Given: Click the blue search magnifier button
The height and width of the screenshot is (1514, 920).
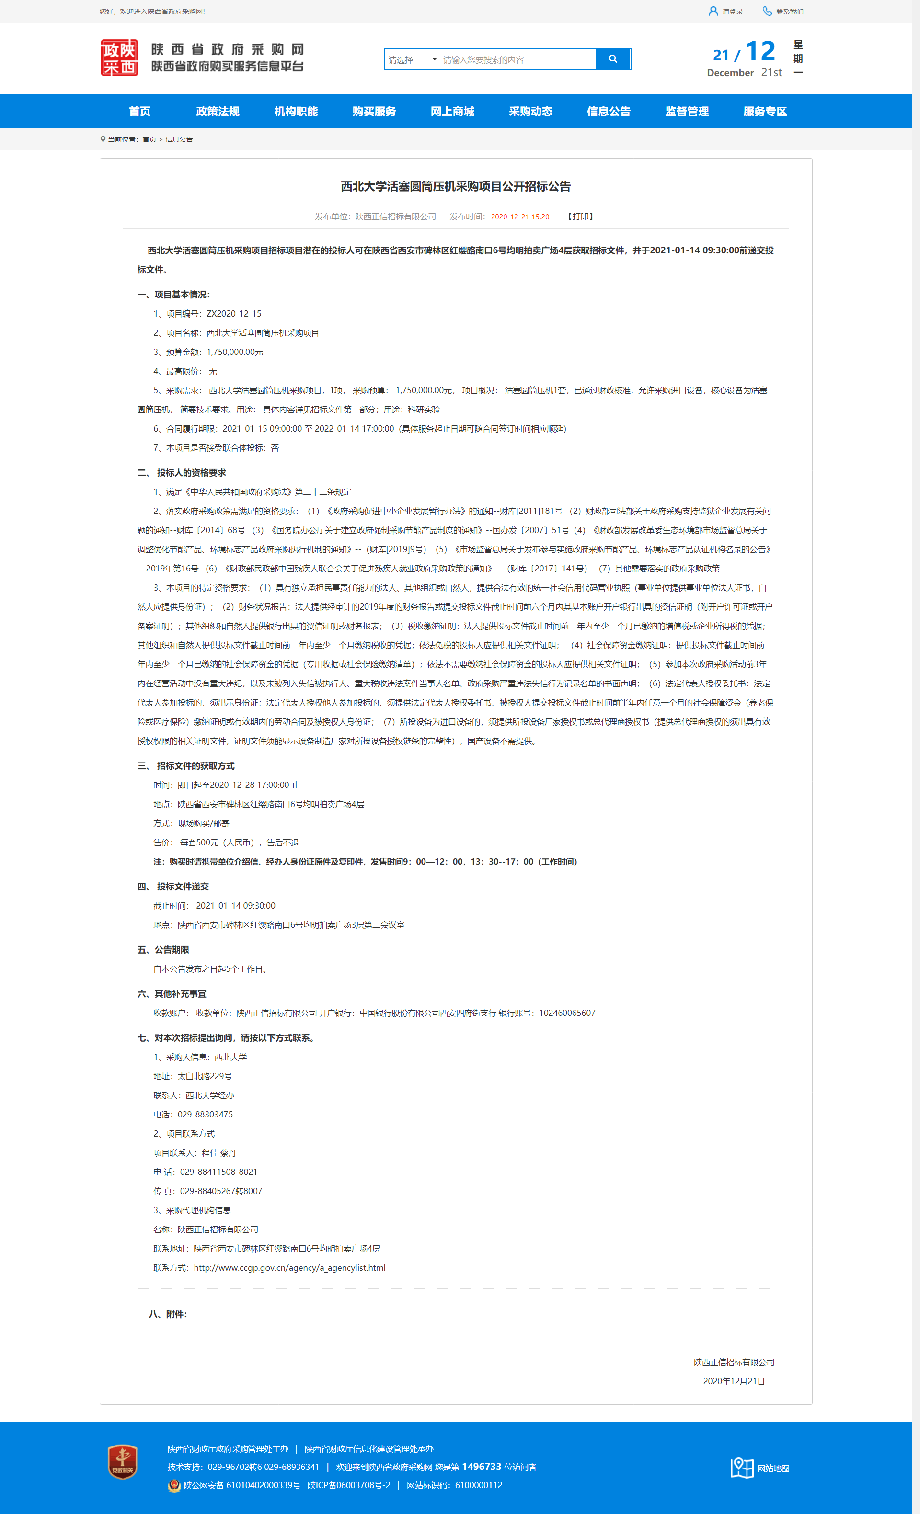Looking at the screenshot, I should pyautogui.click(x=613, y=59).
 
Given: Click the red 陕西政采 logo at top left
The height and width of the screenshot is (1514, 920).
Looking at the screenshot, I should pyautogui.click(x=119, y=58).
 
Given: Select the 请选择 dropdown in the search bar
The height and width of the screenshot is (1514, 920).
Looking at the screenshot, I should pyautogui.click(x=412, y=59).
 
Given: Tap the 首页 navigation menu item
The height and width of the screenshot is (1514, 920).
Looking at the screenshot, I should pyautogui.click(x=139, y=111).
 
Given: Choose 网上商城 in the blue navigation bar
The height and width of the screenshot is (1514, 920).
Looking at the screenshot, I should pyautogui.click(x=452, y=111).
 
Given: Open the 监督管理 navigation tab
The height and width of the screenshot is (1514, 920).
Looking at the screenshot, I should pyautogui.click(x=687, y=111).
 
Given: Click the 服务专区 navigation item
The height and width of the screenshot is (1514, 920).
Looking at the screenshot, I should pyautogui.click(x=765, y=111).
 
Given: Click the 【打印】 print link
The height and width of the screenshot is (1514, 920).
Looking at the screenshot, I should pyautogui.click(x=580, y=217).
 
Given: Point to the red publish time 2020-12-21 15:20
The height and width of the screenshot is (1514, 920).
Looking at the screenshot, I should pyautogui.click(x=520, y=217).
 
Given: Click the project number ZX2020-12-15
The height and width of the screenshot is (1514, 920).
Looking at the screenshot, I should pyautogui.click(x=233, y=313).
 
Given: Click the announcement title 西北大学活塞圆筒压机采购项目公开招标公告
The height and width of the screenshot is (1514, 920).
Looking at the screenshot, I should pyautogui.click(x=455, y=186).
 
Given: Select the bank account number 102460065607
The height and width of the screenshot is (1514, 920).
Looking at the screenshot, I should pyautogui.click(x=567, y=1013).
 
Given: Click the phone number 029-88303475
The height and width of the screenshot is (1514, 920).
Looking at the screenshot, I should pyautogui.click(x=205, y=1114).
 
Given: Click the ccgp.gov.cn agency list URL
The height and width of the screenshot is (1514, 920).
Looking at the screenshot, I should pyautogui.click(x=289, y=1268).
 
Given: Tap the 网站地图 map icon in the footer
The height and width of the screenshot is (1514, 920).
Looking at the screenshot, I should pyautogui.click(x=742, y=1468).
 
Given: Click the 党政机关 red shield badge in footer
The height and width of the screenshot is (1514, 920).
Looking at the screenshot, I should pyautogui.click(x=122, y=1462).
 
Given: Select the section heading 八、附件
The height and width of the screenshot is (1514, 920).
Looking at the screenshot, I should pyautogui.click(x=168, y=1314).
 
